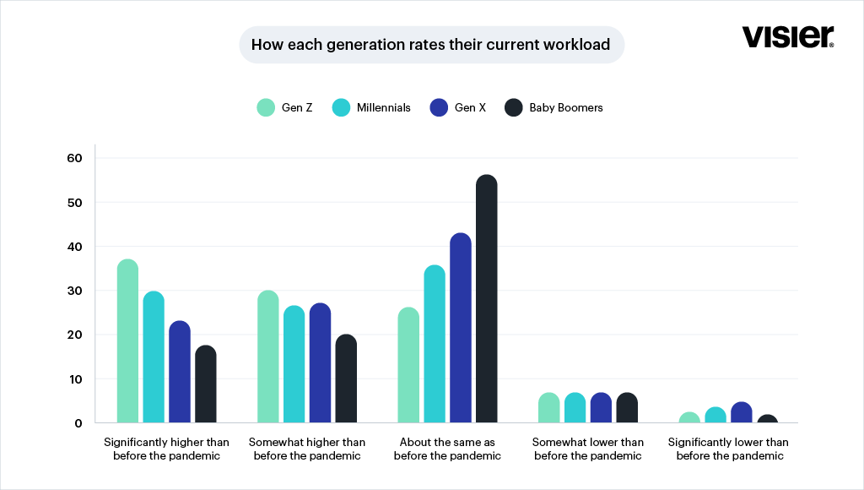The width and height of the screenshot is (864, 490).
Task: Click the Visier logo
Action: (x=787, y=36)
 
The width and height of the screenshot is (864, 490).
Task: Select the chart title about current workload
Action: (x=431, y=45)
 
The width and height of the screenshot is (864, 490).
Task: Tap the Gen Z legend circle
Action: (x=266, y=107)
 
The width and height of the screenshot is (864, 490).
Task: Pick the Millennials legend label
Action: (x=384, y=107)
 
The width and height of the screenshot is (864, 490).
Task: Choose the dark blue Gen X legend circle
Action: (x=439, y=107)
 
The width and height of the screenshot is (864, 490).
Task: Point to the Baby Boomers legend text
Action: (x=566, y=107)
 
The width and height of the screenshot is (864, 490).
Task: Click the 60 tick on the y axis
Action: (x=74, y=158)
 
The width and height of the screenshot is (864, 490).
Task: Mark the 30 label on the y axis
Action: (x=74, y=291)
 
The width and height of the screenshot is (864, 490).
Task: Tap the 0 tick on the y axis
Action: (x=78, y=423)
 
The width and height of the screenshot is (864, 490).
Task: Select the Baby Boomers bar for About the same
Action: (x=487, y=298)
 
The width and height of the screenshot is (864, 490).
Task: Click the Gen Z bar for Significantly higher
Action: (x=128, y=340)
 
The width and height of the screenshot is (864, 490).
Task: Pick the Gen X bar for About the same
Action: (x=461, y=328)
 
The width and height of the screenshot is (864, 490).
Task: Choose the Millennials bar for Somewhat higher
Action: (x=294, y=363)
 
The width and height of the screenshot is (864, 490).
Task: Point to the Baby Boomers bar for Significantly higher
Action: (x=206, y=384)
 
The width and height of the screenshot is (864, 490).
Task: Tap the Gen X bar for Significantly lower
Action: (x=742, y=412)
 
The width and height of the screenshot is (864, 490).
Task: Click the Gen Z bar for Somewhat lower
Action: (x=548, y=407)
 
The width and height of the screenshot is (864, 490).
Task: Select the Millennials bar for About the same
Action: (x=435, y=344)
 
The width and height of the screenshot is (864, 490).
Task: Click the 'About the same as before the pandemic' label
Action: (x=447, y=449)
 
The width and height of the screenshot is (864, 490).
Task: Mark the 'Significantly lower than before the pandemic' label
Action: (x=728, y=449)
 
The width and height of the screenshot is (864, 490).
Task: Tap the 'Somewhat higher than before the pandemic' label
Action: (x=307, y=449)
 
